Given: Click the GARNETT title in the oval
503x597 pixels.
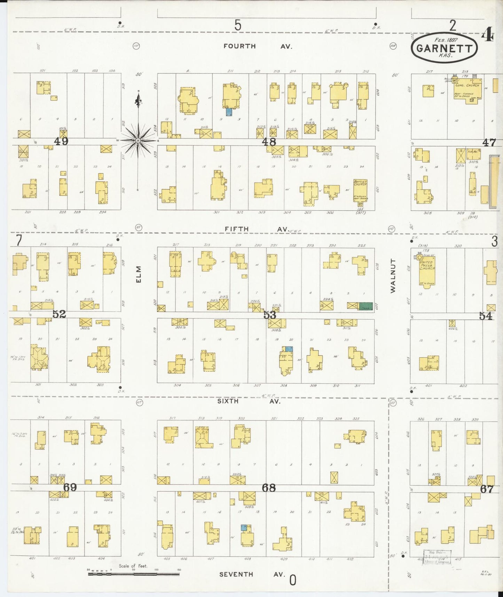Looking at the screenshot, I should [x=444, y=48].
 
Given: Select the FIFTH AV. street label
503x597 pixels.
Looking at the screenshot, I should [x=256, y=229].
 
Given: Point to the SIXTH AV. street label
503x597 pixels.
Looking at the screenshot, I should [x=249, y=401].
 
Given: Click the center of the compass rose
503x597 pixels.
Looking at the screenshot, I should [x=138, y=140].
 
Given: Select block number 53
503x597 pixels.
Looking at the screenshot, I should [x=269, y=315].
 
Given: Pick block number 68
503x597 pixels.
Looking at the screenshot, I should [x=269, y=488].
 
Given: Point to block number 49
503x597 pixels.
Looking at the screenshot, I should [x=61, y=141].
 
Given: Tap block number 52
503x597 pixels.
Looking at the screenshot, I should [x=59, y=314].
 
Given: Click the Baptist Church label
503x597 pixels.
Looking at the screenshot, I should [x=360, y=184].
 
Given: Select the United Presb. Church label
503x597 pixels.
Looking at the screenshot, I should [x=426, y=265].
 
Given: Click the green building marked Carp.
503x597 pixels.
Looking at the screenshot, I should [x=366, y=306].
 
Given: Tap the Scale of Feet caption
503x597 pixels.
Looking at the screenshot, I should [x=133, y=566].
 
